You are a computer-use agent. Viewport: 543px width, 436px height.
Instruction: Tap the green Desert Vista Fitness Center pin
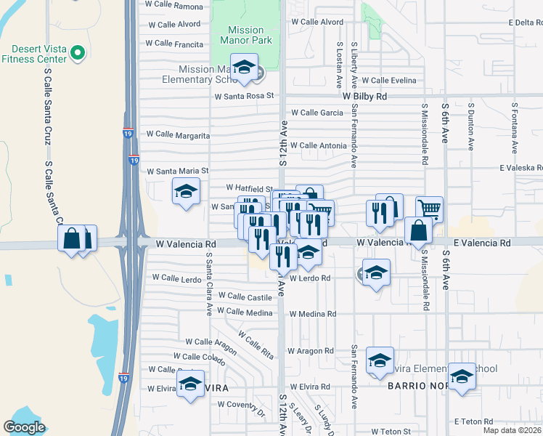click(79, 53)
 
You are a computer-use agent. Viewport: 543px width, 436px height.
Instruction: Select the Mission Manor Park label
click(245, 35)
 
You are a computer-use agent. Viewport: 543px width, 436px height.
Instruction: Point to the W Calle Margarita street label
click(178, 134)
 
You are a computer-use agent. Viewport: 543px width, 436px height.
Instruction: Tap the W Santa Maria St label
click(178, 171)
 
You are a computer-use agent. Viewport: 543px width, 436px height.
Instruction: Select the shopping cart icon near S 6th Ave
click(429, 209)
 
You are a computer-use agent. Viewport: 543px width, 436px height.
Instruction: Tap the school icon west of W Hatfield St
click(186, 192)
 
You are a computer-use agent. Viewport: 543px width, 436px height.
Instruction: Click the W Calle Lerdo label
click(176, 278)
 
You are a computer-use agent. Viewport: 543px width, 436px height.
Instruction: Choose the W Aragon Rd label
click(310, 350)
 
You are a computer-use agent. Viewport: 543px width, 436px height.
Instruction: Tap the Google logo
click(25, 427)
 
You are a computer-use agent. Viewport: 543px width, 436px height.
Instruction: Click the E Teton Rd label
click(473, 421)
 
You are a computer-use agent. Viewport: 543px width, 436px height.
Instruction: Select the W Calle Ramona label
click(174, 6)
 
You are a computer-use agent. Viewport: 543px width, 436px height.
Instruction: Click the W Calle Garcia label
click(317, 113)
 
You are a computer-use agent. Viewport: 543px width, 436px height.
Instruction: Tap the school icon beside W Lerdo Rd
click(375, 274)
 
